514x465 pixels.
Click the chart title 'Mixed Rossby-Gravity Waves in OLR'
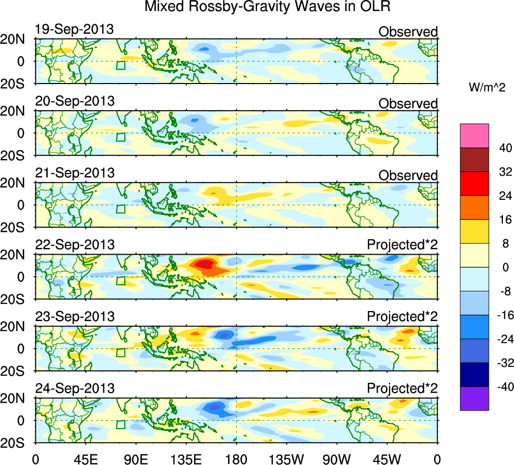268,7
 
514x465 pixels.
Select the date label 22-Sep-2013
75,245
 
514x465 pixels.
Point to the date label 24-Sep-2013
75,389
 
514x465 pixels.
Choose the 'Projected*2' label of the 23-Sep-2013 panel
402,317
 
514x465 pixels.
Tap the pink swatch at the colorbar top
474,135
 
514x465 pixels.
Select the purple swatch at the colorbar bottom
474,399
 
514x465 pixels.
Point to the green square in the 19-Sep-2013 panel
120,65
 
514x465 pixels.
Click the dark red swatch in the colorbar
474,160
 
